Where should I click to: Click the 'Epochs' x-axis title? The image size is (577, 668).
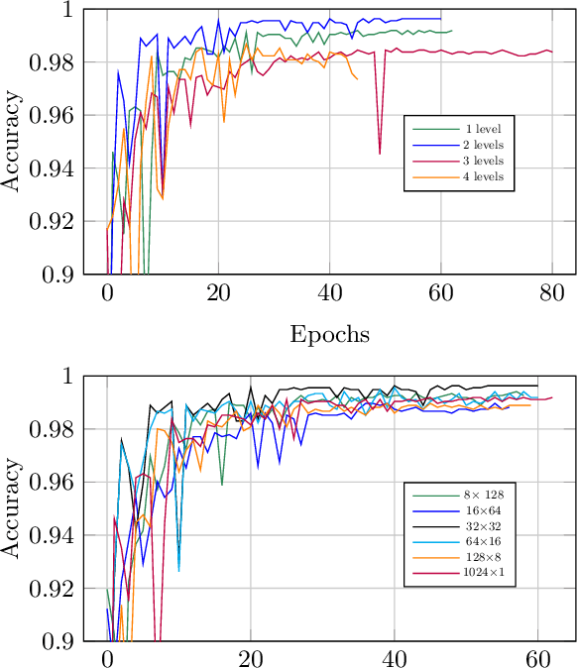tap(329, 335)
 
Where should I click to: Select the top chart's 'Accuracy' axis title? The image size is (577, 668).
tap(13, 142)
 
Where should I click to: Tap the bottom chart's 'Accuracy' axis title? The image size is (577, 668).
tap(13, 508)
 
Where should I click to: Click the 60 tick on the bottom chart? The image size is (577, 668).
tap(538, 659)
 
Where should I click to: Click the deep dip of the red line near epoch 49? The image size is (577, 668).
tap(380, 154)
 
